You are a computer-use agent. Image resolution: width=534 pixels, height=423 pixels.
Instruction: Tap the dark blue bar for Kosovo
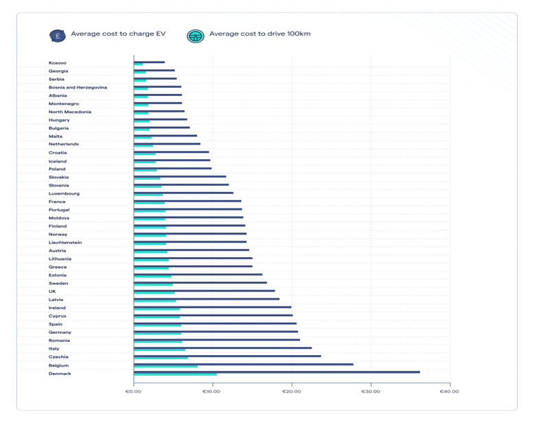click(149, 62)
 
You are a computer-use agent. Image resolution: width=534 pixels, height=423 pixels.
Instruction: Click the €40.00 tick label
click(450, 391)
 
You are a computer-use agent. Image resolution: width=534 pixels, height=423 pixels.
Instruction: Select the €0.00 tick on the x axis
click(133, 391)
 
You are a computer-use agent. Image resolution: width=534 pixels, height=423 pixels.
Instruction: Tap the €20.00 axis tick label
click(292, 391)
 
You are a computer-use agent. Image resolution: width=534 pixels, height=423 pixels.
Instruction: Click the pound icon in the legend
click(58, 34)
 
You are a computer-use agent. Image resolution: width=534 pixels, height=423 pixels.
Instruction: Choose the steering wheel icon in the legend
click(196, 34)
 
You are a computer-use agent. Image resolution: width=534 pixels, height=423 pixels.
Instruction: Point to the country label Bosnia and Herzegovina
click(78, 87)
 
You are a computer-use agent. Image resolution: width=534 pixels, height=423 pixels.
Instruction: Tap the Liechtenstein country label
click(65, 242)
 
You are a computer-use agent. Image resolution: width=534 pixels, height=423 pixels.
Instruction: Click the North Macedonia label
click(70, 112)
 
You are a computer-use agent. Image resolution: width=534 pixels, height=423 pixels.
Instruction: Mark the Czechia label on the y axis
click(58, 356)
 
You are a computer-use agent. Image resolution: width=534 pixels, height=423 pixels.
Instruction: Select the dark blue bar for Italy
click(222, 348)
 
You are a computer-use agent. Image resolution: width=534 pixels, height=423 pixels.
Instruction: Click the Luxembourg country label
click(64, 193)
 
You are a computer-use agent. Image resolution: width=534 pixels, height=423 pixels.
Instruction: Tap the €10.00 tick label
click(212, 391)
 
